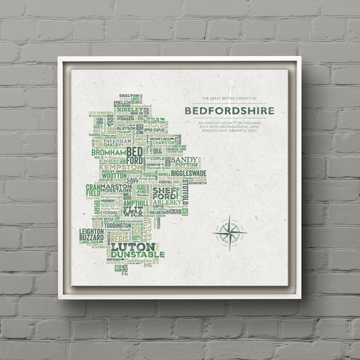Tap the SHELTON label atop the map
(130, 97)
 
